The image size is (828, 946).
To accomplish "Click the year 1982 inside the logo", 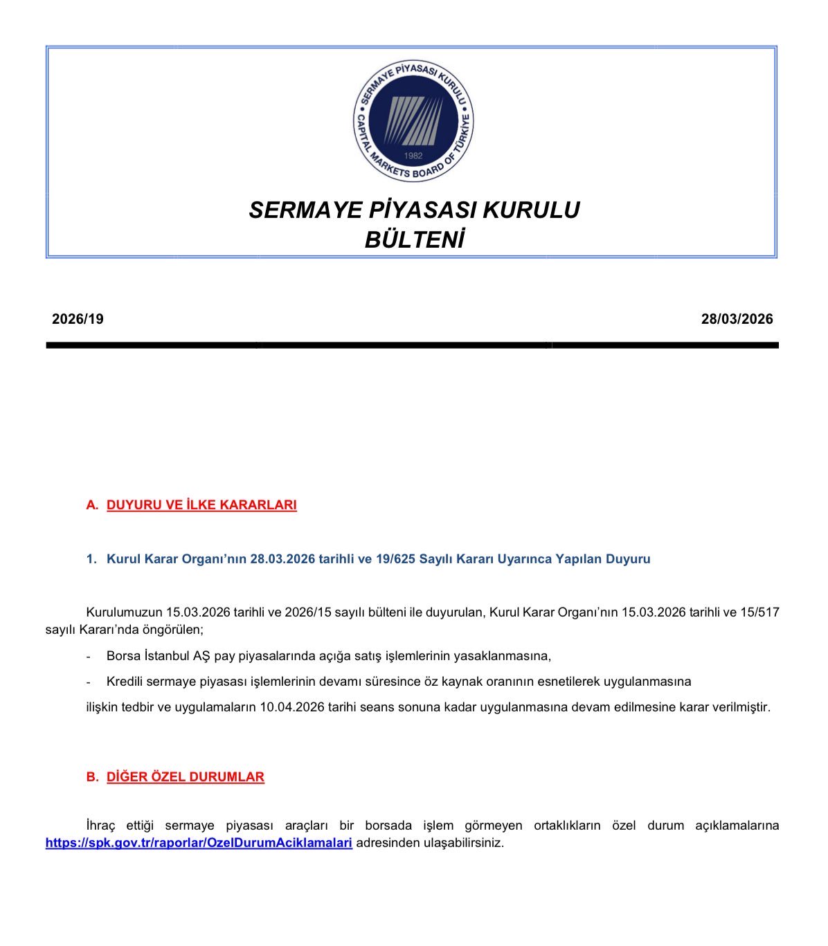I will point(413,156).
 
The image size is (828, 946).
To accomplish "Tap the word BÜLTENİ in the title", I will point(414,239).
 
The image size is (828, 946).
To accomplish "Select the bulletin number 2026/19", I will point(78,319).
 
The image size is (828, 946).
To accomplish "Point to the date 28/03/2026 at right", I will point(737,319).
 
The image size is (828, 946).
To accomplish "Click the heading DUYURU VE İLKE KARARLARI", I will point(201,505).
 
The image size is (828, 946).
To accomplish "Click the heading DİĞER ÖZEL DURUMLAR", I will point(186,777).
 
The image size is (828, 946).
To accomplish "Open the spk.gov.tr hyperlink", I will point(199,843).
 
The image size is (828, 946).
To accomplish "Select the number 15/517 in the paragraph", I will point(759,612).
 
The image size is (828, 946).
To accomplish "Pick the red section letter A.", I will point(91,505).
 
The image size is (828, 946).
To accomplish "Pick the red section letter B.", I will point(91,777).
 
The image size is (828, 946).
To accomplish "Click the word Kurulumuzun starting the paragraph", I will point(124,612).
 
